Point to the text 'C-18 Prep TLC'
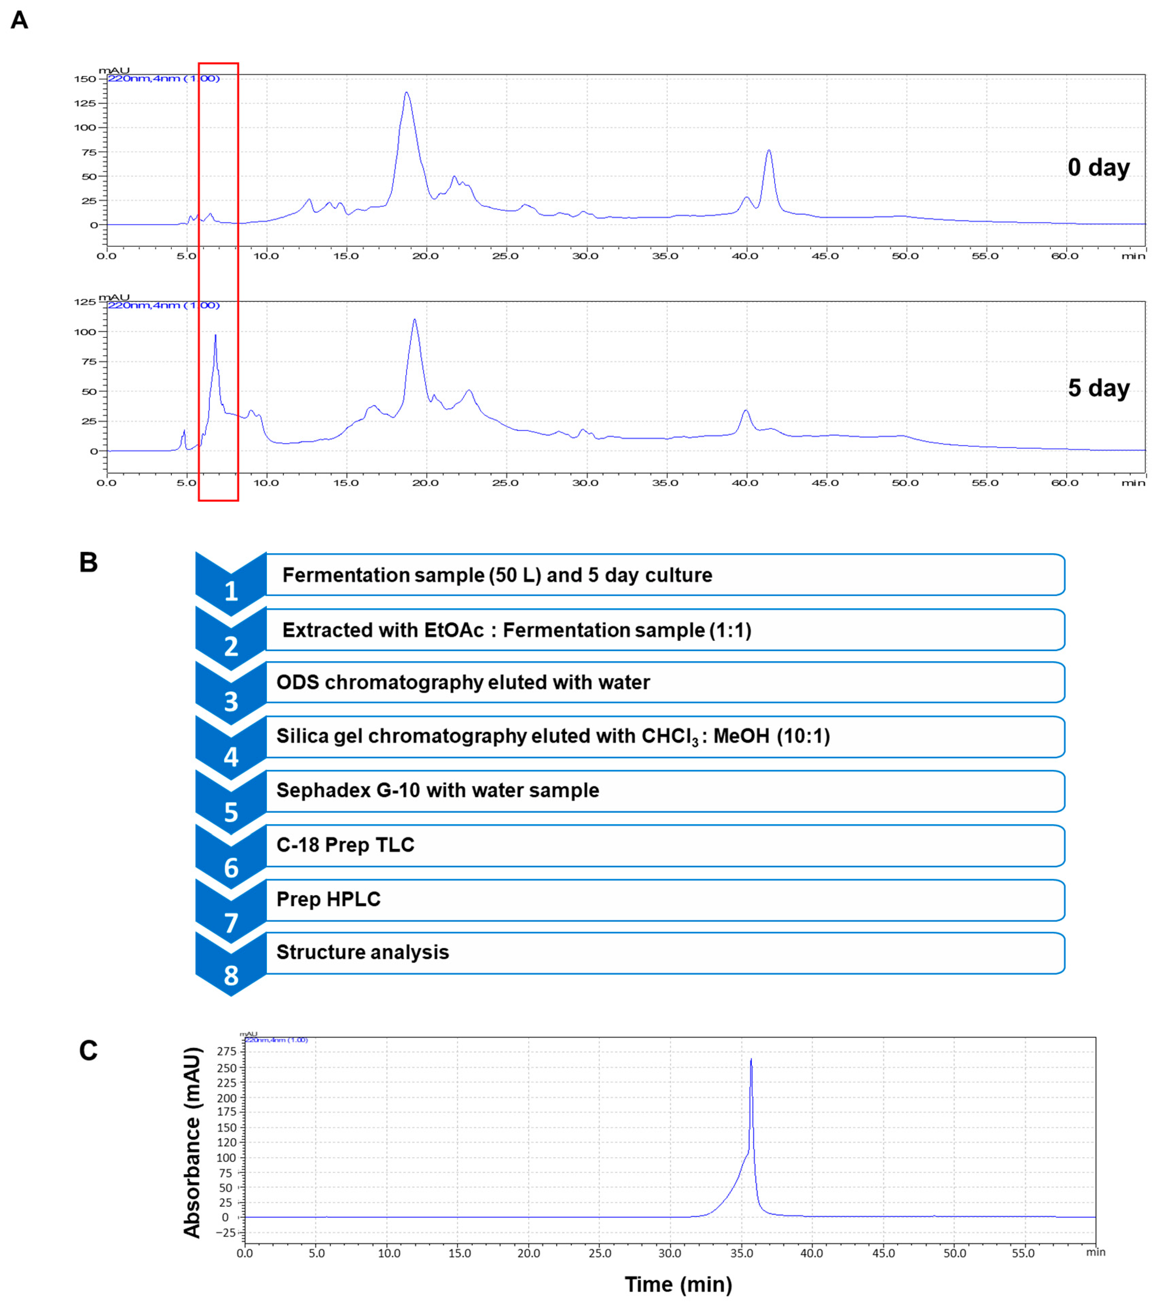pyautogui.click(x=345, y=845)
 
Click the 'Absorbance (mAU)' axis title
pyautogui.click(x=192, y=1143)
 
